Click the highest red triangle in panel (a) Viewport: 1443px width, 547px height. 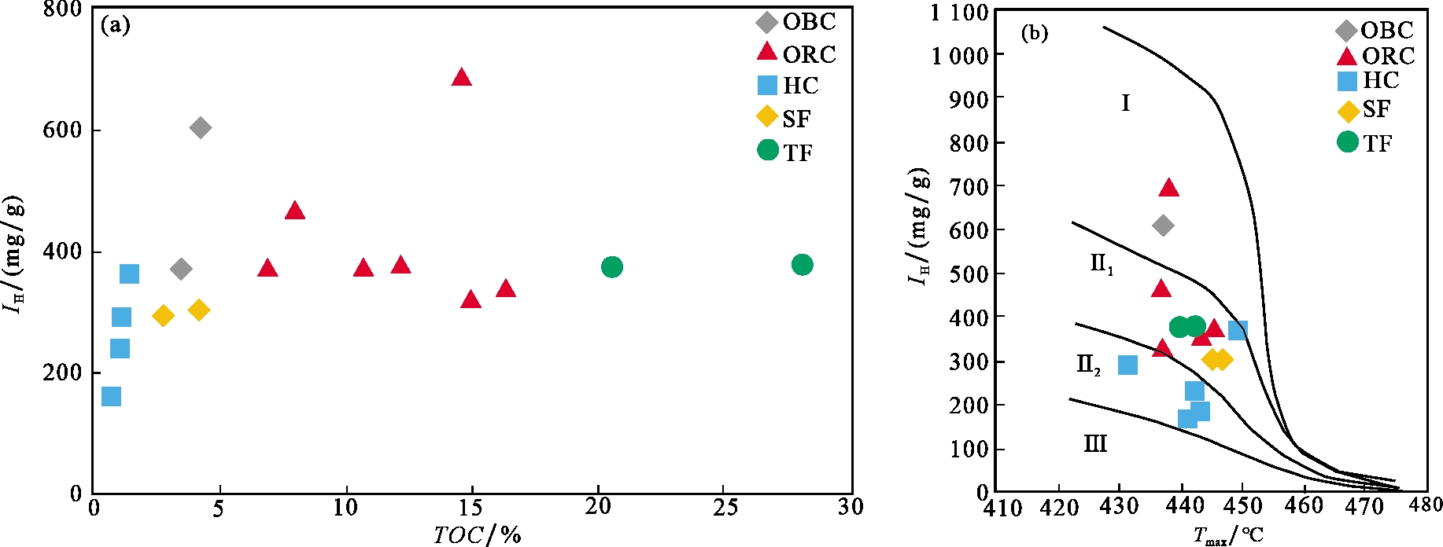point(461,77)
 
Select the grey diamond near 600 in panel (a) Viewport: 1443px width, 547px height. point(200,127)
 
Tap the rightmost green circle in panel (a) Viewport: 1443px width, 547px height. point(802,265)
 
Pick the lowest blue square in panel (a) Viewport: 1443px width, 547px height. point(112,396)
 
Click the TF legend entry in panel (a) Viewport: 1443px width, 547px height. point(785,152)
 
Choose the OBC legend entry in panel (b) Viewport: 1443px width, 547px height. point(1375,31)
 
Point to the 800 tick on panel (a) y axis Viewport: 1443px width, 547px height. point(62,9)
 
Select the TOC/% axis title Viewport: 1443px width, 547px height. point(477,535)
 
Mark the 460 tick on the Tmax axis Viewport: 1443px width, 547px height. point(1304,505)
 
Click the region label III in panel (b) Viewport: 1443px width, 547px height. point(1095,444)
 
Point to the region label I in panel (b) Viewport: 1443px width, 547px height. point(1125,103)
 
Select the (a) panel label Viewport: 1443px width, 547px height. point(116,26)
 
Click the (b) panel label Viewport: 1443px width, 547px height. point(1034,33)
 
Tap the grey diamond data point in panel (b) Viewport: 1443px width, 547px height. point(1163,226)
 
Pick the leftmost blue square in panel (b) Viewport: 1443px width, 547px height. point(1127,365)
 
